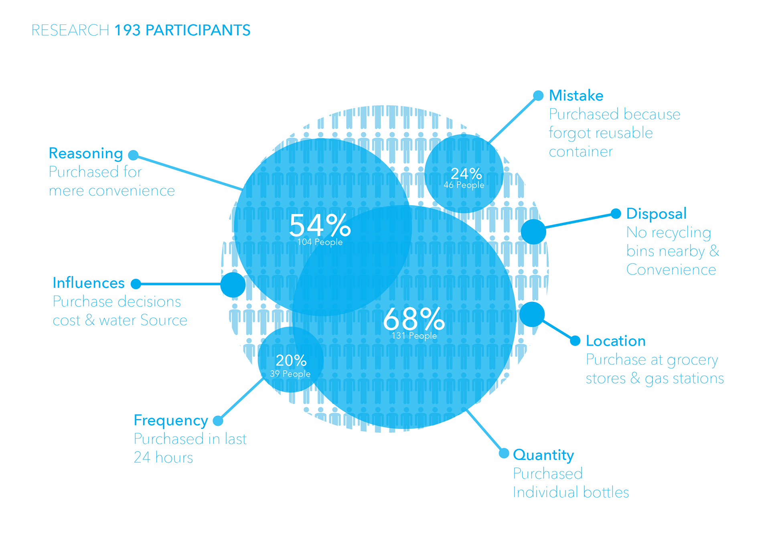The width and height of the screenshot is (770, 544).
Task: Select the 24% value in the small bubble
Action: (x=466, y=174)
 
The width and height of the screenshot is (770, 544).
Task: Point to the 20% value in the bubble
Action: (x=291, y=360)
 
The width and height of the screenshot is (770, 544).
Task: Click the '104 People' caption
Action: (x=320, y=242)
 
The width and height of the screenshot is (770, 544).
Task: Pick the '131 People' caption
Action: (x=414, y=336)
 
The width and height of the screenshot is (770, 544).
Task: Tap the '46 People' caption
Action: (x=464, y=185)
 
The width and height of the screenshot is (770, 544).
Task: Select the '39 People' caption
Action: (x=290, y=374)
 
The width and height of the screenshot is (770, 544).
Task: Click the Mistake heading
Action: (x=576, y=96)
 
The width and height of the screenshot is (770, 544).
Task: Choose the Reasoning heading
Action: (x=86, y=154)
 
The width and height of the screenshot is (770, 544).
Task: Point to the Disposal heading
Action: (x=656, y=214)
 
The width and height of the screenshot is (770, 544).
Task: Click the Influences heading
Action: (x=89, y=283)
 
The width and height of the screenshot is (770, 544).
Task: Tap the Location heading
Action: (x=616, y=341)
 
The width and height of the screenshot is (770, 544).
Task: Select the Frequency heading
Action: (x=171, y=421)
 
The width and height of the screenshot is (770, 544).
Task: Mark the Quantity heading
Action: (x=543, y=455)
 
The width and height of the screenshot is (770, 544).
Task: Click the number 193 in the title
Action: (x=128, y=30)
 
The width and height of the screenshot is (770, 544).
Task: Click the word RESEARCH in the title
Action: (x=70, y=30)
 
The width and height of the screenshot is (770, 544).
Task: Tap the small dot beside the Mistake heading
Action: (x=538, y=95)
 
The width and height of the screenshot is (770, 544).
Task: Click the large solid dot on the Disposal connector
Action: (x=533, y=232)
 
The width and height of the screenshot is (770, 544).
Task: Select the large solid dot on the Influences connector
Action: (x=233, y=285)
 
